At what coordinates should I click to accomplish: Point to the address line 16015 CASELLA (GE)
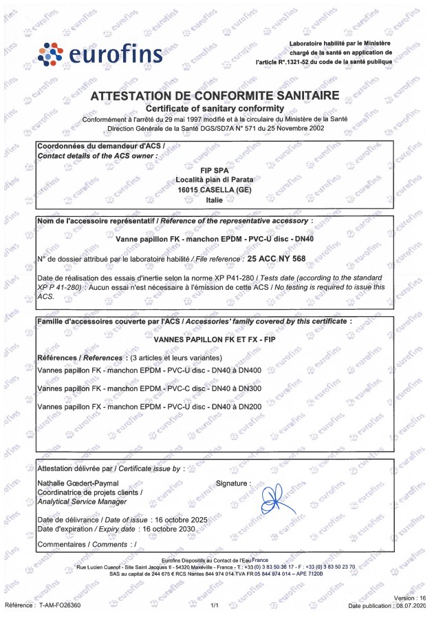215,189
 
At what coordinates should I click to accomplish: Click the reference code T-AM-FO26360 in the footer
60,605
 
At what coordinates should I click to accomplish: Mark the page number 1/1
215,605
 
